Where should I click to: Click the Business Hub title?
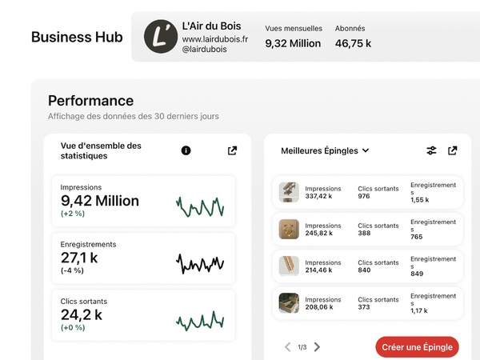tap(77, 38)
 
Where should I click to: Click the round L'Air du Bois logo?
tap(160, 37)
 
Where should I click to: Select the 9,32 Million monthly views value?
tap(293, 44)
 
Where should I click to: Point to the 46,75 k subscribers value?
tap(353, 44)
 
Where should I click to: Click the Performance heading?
tap(90, 101)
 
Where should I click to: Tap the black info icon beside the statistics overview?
tap(186, 150)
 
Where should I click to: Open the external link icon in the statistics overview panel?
tap(232, 150)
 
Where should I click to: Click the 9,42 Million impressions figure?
tap(100, 201)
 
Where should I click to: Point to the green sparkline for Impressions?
tap(200, 206)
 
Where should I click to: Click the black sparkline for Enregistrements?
tap(200, 262)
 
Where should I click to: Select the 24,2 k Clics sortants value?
tap(82, 314)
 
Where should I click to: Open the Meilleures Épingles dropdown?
tap(325, 150)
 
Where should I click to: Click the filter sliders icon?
tap(431, 150)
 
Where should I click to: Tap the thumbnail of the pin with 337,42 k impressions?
tap(289, 192)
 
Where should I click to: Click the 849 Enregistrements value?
tap(418, 274)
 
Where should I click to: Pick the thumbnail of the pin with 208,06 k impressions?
tap(289, 302)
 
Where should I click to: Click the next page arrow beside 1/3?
tap(317, 347)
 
